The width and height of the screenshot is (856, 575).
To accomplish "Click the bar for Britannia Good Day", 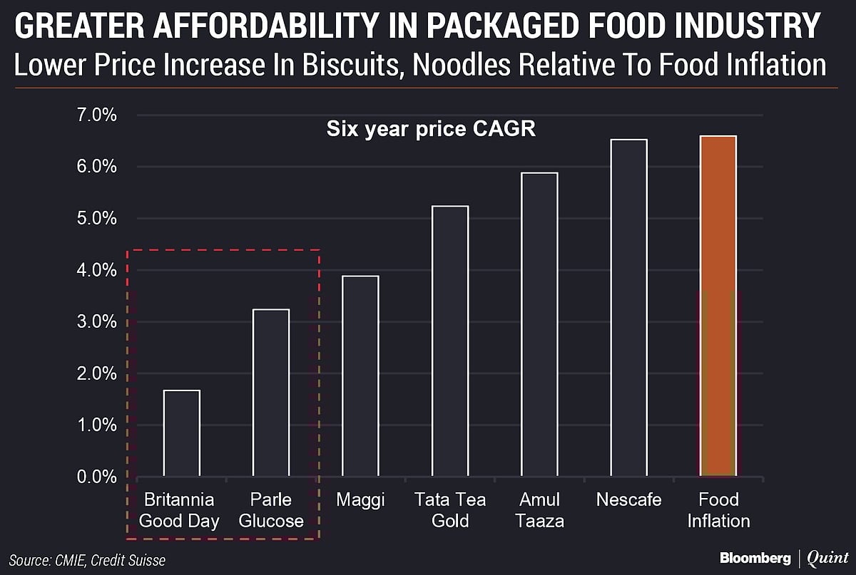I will point(182,432).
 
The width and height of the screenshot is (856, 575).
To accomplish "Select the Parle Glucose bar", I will point(271,392).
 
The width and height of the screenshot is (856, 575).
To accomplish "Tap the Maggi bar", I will point(360,375).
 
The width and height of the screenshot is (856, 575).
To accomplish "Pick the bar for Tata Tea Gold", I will point(450,341).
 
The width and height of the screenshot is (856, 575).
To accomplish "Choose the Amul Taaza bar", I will point(539,324).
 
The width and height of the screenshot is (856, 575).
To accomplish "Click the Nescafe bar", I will point(628,308).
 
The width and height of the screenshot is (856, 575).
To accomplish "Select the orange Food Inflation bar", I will point(718,306).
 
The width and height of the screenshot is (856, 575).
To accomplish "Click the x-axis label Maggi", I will point(360,500).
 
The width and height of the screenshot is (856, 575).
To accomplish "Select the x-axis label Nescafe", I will point(628,500).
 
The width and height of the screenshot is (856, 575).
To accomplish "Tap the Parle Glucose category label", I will point(271,510).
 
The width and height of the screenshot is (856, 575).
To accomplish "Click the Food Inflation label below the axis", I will point(718,510).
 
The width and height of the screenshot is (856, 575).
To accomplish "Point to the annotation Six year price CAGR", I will point(431,130).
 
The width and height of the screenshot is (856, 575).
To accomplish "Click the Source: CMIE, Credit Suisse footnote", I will point(87,560).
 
